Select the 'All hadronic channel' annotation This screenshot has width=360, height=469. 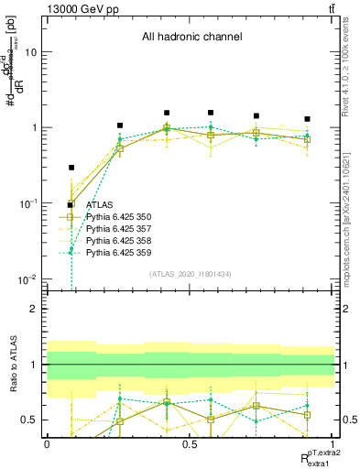(x=191, y=38)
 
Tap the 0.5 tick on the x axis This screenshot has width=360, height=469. (x=190, y=443)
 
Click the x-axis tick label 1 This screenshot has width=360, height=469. (x=333, y=443)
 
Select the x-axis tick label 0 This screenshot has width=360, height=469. (x=47, y=443)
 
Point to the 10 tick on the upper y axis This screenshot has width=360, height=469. (x=31, y=52)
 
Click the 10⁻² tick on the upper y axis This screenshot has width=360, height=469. (x=29, y=278)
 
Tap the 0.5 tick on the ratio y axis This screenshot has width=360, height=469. (x=31, y=420)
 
